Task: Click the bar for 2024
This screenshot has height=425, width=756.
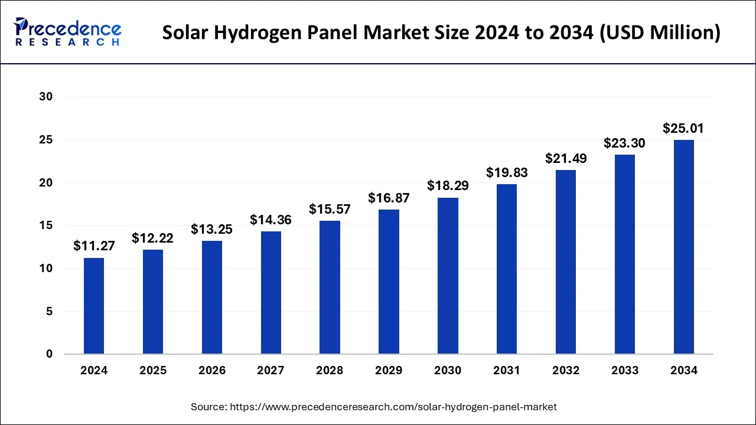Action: click(x=94, y=306)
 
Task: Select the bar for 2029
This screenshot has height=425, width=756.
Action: click(x=389, y=282)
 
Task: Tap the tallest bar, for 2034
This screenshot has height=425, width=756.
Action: click(x=683, y=247)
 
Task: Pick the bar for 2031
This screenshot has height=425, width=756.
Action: click(x=507, y=269)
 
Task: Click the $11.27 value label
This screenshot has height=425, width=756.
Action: click(x=94, y=246)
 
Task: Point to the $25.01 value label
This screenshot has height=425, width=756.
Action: click(x=683, y=128)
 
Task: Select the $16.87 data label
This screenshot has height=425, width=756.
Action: click(x=389, y=198)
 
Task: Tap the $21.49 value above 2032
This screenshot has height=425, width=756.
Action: click(x=565, y=158)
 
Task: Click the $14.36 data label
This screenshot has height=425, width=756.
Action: click(x=271, y=220)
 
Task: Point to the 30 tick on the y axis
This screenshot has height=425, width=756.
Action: click(x=45, y=97)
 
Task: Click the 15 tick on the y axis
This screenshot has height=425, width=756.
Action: click(x=45, y=225)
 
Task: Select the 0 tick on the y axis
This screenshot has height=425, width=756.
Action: click(x=50, y=354)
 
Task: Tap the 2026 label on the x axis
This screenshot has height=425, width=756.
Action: click(x=211, y=371)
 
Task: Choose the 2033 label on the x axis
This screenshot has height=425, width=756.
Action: click(x=625, y=371)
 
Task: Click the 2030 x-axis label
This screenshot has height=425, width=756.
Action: click(x=448, y=371)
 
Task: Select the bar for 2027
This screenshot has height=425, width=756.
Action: click(x=271, y=293)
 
